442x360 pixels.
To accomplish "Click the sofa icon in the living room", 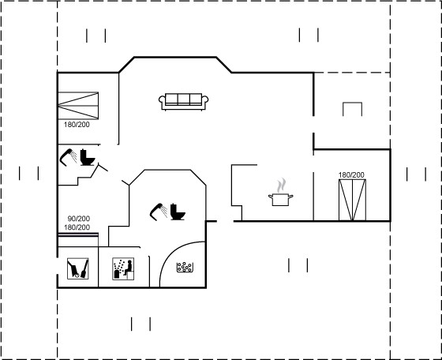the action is [183, 102].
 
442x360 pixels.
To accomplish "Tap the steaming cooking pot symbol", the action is [280, 193].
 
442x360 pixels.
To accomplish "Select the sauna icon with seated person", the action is [123, 268].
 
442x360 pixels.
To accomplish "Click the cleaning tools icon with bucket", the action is [78, 268].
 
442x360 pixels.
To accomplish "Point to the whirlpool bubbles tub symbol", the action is [185, 268].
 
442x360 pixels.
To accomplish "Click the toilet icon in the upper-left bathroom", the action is [88, 157].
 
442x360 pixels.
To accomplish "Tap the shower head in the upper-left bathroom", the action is [68, 157].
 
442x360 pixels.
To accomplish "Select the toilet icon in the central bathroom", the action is [178, 212].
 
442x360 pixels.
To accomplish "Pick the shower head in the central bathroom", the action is [159, 212].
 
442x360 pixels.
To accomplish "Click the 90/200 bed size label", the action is [79, 219].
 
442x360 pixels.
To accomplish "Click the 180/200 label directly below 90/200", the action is [77, 227].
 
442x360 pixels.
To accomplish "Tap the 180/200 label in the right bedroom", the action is [351, 174].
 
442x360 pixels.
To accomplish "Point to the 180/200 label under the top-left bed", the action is [77, 124].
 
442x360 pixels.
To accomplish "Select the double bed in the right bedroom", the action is [352, 200].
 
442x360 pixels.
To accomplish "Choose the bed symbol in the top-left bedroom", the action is [78, 106].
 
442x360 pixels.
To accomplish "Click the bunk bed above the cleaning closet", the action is [78, 240].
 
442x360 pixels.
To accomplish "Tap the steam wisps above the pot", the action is [281, 186].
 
